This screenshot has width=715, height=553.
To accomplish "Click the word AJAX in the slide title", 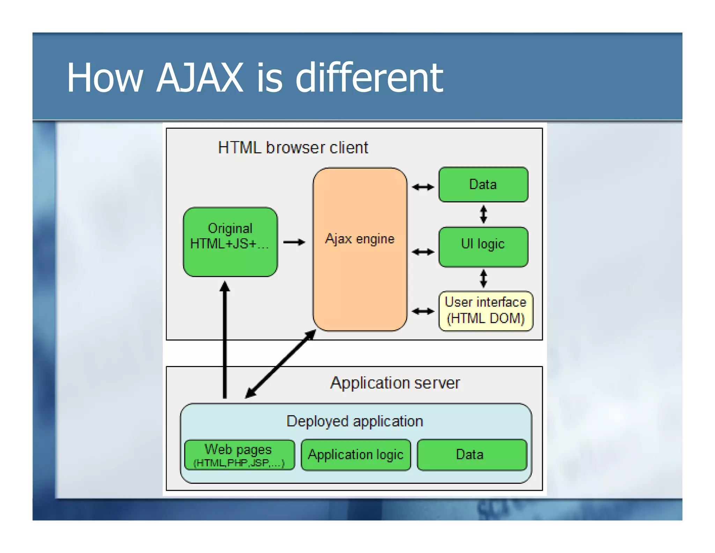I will click(x=199, y=78).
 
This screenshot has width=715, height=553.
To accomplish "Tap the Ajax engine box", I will click(x=360, y=266).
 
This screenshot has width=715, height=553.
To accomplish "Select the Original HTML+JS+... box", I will click(x=230, y=242).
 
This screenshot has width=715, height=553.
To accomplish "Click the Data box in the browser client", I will click(x=483, y=185).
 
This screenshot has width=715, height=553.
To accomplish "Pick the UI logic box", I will click(x=483, y=247).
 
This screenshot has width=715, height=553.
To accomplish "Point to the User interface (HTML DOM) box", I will click(x=485, y=311).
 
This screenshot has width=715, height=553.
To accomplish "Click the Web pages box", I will click(x=239, y=455).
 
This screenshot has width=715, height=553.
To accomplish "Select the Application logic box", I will click(x=355, y=455).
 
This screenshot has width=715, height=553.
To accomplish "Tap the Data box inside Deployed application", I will click(x=472, y=455).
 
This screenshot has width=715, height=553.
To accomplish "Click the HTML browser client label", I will click(x=293, y=148).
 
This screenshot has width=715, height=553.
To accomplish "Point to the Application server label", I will click(x=395, y=383).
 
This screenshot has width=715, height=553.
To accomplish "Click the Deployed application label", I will click(x=354, y=421).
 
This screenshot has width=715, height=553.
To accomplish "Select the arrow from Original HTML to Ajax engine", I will click(x=294, y=242).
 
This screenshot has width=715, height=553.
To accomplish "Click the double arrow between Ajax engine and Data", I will click(x=423, y=187).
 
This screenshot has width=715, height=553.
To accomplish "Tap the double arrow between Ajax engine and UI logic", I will click(x=423, y=252).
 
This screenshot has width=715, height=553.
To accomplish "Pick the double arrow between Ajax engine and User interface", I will click(x=423, y=311).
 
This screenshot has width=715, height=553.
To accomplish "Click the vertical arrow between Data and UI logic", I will click(x=483, y=214).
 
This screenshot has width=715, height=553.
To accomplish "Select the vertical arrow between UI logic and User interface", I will click(x=483, y=278).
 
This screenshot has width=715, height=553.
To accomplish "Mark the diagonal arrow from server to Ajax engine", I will click(x=280, y=364).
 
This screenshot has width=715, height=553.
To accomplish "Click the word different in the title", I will click(x=369, y=78).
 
